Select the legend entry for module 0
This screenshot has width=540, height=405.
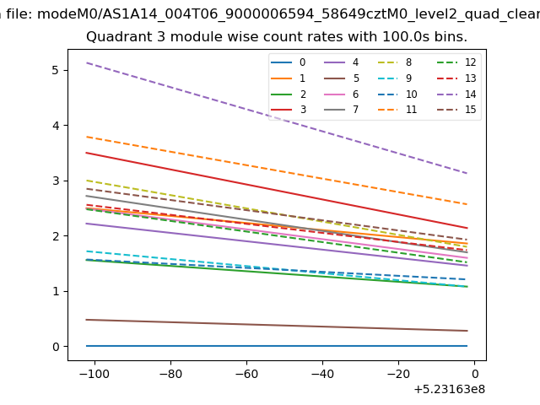[289, 62]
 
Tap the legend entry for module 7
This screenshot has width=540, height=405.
[342, 110]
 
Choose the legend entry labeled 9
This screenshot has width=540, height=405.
[395, 78]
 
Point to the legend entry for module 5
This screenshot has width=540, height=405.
[342, 78]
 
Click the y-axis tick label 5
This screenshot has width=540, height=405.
[56, 70]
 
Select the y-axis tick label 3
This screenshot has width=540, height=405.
[56, 181]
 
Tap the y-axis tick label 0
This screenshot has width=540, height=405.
[56, 347]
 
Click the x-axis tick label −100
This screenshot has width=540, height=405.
[94, 374]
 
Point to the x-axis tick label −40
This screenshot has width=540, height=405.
[322, 374]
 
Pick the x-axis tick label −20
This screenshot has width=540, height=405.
[398, 374]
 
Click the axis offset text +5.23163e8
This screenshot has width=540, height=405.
[450, 390]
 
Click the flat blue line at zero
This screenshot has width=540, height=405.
[277, 346]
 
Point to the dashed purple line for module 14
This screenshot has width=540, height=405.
[277, 118]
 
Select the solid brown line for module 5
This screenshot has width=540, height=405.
[277, 326]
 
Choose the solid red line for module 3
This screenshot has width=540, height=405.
[277, 191]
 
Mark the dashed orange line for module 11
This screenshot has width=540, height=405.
[277, 170]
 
